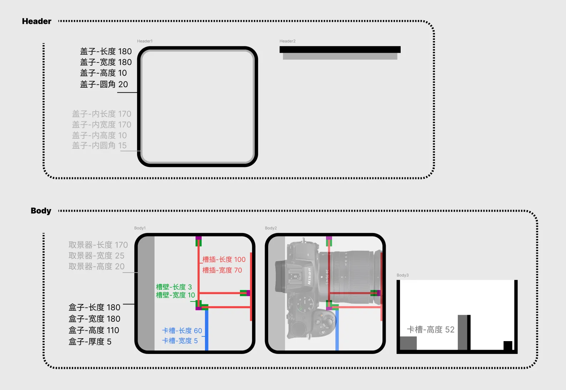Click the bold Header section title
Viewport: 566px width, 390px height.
coord(37,21)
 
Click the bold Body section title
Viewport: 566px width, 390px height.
coord(41,211)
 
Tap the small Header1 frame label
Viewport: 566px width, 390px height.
coord(145,41)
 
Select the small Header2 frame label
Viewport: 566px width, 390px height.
coord(287,41)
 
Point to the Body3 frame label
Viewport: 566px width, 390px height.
coord(402,275)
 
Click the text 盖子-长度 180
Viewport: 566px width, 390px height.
coord(106,51)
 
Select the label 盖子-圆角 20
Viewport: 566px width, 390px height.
coord(104,84)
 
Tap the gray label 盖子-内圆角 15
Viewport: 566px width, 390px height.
coord(99,145)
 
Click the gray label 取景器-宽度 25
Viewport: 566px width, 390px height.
coord(96,255)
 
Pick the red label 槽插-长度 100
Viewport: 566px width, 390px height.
coord(224,259)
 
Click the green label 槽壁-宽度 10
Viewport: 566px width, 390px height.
coord(175,295)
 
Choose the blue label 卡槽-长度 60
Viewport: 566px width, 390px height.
coord(182,330)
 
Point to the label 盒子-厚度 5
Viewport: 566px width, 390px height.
coord(90,341)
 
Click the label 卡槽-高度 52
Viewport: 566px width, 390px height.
coord(431,329)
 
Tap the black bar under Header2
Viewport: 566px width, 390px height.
coord(340,50)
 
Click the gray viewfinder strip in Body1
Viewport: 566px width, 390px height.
coord(146,293)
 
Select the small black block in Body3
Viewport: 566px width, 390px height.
coord(508,345)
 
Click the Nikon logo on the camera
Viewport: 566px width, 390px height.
coord(309,276)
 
